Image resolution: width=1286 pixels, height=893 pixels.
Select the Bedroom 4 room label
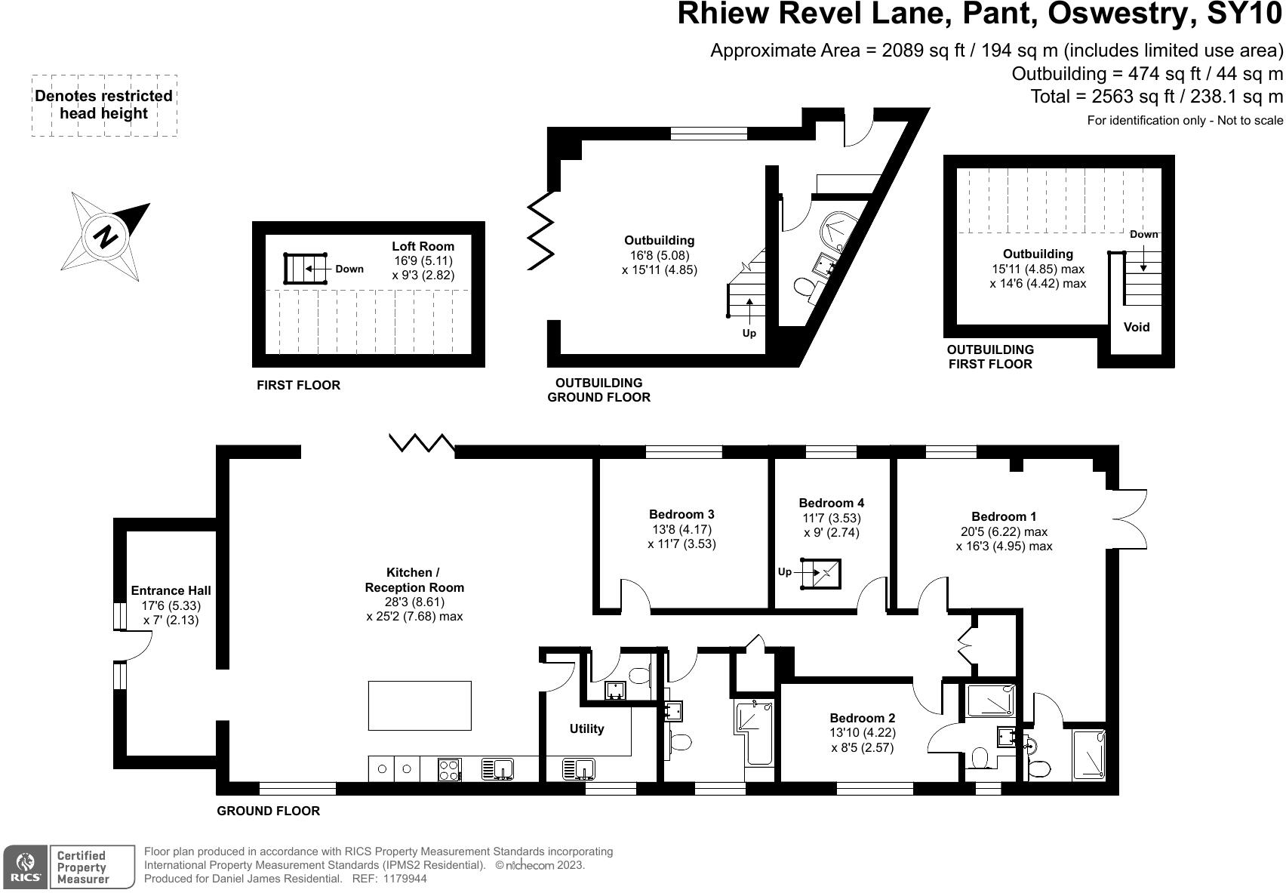point(831,503)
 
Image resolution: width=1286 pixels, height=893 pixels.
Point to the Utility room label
point(586,729)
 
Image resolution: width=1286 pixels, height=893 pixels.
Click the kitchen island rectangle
point(420,705)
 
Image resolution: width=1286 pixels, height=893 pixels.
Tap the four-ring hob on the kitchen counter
point(450,769)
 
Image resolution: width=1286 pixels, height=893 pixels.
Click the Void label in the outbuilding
point(1137,328)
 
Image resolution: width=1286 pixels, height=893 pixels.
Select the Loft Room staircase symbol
point(305,268)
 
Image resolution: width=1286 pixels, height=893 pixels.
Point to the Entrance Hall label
point(171,591)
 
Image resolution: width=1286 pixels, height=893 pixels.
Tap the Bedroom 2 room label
point(862,719)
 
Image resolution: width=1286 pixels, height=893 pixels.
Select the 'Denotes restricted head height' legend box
point(104,105)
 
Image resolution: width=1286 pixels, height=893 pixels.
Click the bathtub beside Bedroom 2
point(755,731)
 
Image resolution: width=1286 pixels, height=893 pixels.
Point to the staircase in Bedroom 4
point(821,573)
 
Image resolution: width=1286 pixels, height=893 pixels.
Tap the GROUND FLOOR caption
point(268,811)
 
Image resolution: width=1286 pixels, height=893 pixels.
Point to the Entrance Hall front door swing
point(136,645)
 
